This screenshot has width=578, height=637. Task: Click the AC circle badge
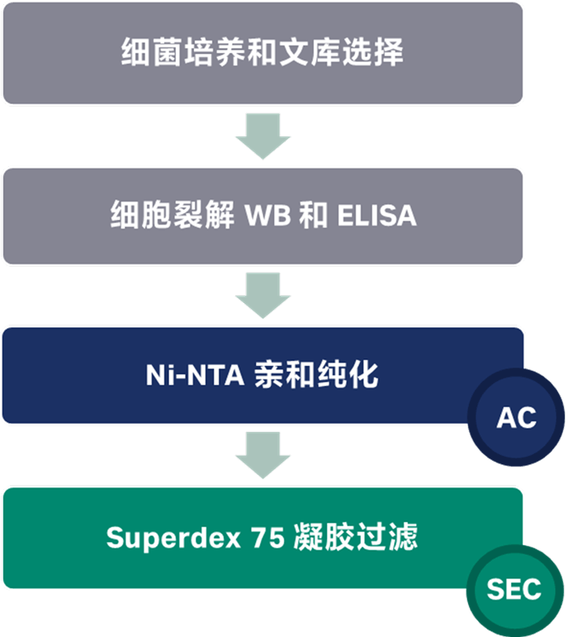[x=516, y=418]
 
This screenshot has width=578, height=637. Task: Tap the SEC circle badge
[x=514, y=589]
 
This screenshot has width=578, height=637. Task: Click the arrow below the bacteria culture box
[x=263, y=135]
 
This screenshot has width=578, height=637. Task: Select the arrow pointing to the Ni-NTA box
[x=263, y=295]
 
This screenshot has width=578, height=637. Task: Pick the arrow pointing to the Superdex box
[x=263, y=455]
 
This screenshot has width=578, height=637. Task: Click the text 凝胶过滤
[x=355, y=538]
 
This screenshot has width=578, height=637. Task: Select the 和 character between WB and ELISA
[x=314, y=216]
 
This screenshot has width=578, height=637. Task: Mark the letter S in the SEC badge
[x=493, y=590]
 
